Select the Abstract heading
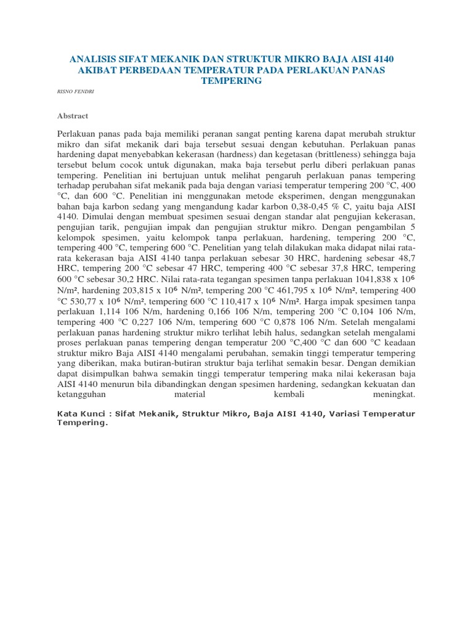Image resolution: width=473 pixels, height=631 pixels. click(73, 115)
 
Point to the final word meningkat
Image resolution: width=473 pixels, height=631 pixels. click(394, 394)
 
